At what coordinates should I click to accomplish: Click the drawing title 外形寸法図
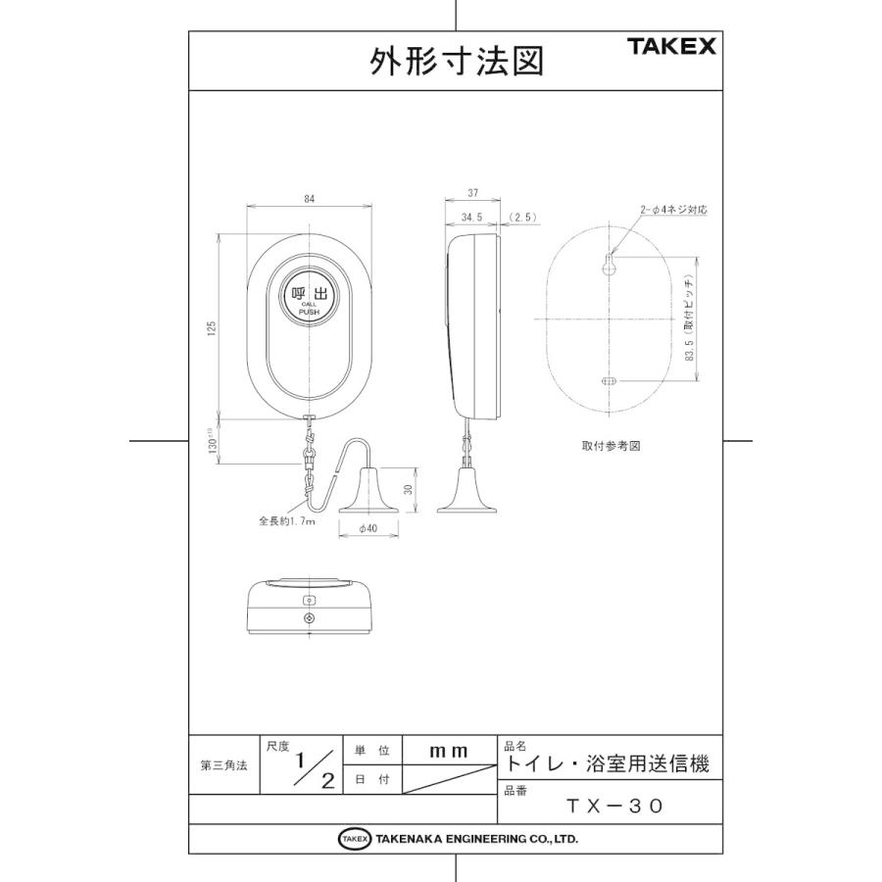[x=456, y=62]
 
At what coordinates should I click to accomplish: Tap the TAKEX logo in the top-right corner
[x=671, y=46]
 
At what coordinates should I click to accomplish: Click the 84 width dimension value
[x=310, y=199]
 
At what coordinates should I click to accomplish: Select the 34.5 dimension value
[x=471, y=219]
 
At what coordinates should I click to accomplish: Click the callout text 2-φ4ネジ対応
[x=673, y=210]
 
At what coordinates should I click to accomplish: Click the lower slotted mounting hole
[x=608, y=381]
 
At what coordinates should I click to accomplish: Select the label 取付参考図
[x=610, y=445]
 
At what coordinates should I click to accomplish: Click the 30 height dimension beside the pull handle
[x=410, y=490]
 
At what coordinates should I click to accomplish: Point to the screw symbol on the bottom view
[x=310, y=619]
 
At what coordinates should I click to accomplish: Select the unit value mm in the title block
[x=449, y=751]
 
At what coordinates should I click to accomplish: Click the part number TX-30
[x=615, y=806]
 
